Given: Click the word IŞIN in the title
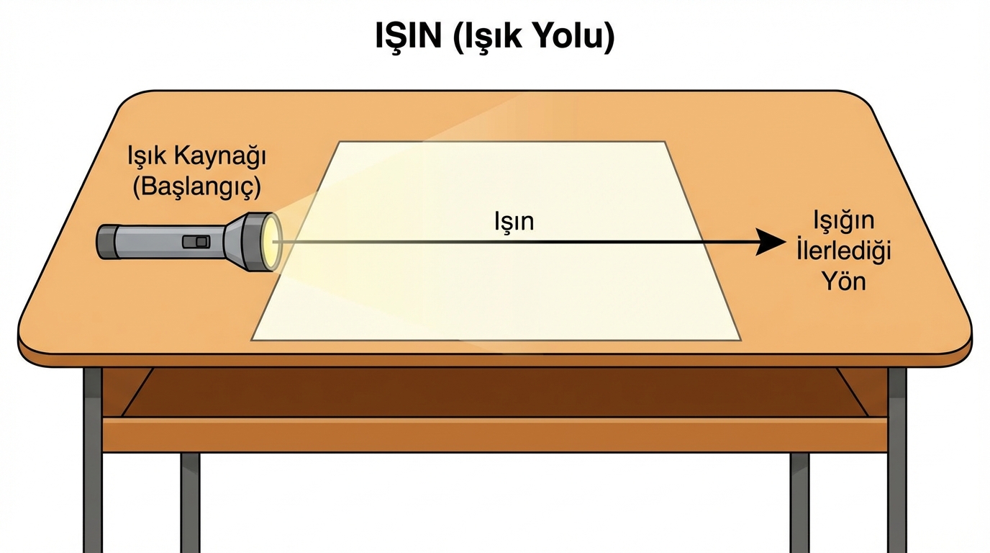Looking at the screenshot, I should [x=408, y=37].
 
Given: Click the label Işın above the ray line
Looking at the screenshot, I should [x=514, y=221].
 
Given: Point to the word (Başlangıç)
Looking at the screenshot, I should [x=196, y=187].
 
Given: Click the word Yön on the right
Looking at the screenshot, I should [x=845, y=280].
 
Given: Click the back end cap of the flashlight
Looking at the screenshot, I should [x=105, y=242].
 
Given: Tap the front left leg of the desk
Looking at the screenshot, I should [x=93, y=461].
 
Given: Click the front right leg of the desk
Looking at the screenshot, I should [x=896, y=461].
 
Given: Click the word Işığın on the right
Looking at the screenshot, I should [x=843, y=221].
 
